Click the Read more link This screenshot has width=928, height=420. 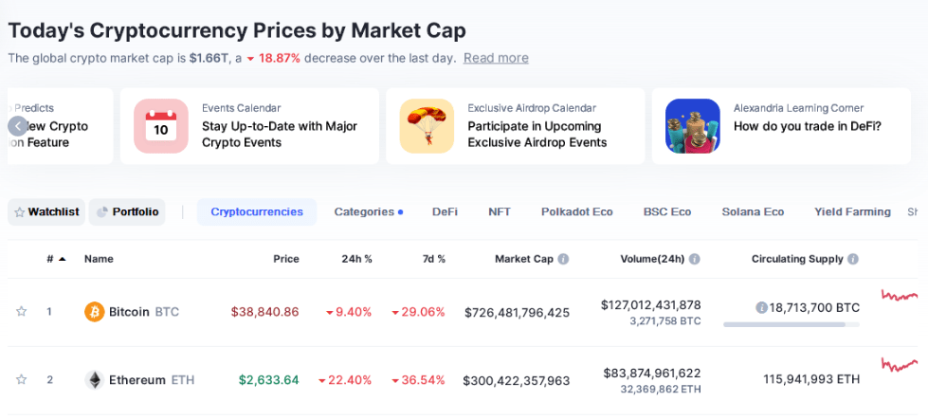(496, 58)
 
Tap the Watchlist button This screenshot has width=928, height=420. (46, 211)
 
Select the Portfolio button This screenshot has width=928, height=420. (127, 211)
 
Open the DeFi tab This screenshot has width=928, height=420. (445, 211)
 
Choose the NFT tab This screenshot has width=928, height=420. (500, 211)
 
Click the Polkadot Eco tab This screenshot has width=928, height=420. (576, 211)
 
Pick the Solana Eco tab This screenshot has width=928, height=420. (753, 211)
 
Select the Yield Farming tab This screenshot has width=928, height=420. (852, 211)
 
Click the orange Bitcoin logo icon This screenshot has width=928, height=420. (95, 311)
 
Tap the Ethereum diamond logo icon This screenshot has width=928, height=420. (95, 379)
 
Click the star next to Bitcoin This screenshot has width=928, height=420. (21, 311)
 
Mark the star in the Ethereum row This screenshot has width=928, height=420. (21, 379)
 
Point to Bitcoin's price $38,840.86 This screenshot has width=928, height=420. (264, 311)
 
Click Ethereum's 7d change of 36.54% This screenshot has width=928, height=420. (418, 379)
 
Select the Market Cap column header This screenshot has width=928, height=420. (523, 259)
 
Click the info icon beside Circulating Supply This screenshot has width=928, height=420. (853, 259)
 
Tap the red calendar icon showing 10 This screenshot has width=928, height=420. (161, 126)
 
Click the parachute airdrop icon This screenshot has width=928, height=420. (427, 126)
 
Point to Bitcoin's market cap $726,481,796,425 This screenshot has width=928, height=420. (517, 311)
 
